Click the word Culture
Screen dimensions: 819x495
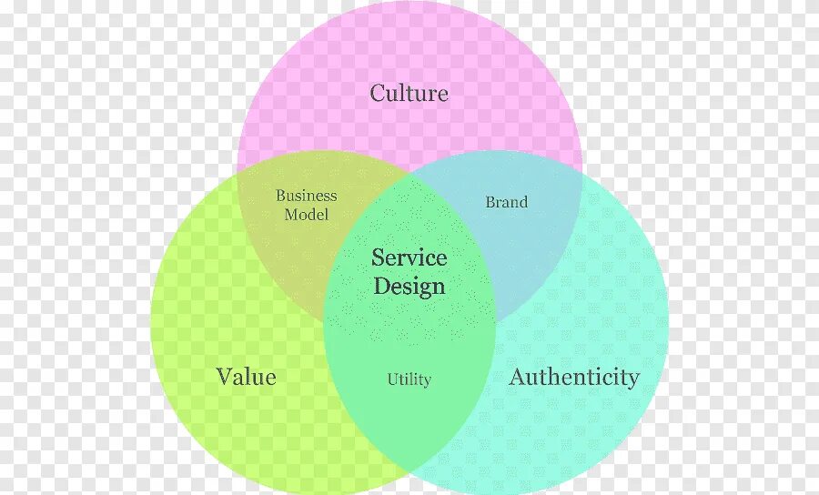point(409,93)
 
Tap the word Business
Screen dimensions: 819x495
point(306,196)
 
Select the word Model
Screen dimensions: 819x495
point(306,215)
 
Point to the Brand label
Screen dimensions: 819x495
point(506,202)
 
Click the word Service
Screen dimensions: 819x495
point(409,258)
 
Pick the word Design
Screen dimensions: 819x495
point(409,287)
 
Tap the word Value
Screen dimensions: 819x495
point(246,376)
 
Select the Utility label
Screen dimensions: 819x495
point(409,379)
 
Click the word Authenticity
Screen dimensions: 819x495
point(574,377)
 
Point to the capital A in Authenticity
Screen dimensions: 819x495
point(517,377)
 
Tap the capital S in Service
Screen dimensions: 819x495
point(378,258)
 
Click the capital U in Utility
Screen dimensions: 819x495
point(392,379)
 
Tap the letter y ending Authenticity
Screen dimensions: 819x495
point(633,379)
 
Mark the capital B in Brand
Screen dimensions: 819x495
point(490,202)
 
